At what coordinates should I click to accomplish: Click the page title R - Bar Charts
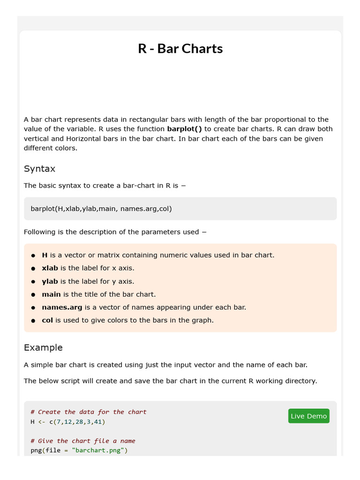click(x=180, y=49)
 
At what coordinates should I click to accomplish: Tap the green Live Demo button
click(x=308, y=416)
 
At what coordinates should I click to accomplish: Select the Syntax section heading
click(x=39, y=169)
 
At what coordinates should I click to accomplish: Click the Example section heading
click(x=43, y=347)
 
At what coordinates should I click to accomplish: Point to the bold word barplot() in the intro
click(x=184, y=129)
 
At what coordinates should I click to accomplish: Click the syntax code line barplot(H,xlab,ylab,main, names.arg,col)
click(x=101, y=209)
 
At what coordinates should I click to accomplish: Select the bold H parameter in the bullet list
click(x=45, y=255)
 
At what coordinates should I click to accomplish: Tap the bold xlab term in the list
click(x=50, y=268)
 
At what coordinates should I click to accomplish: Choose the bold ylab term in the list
click(x=50, y=281)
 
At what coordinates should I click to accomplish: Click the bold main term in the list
click(x=51, y=294)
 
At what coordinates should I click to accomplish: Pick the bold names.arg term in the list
click(x=62, y=307)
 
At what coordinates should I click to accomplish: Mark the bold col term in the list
click(x=47, y=321)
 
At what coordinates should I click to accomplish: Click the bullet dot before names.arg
click(x=33, y=308)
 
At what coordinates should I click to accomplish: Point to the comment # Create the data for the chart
click(x=89, y=412)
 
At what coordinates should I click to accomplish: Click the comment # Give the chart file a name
click(x=82, y=441)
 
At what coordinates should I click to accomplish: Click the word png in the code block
click(x=36, y=451)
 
